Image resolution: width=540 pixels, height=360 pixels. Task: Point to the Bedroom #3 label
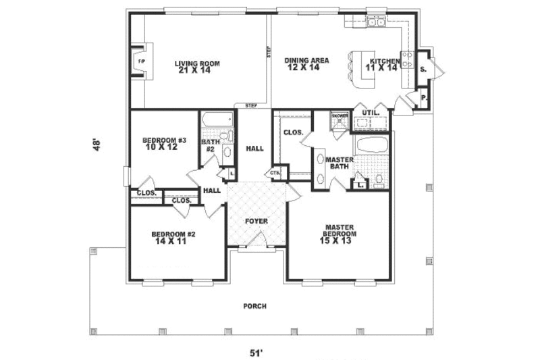pyautogui.click(x=164, y=143)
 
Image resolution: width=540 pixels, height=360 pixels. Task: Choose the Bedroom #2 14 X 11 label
pyautogui.click(x=174, y=237)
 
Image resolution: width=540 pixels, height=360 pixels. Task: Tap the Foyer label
pyautogui.click(x=256, y=221)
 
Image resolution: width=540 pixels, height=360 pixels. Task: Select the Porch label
pyautogui.click(x=254, y=306)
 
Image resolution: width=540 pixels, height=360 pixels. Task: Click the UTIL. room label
pyautogui.click(x=370, y=112)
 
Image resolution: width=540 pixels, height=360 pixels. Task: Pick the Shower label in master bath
pyautogui.click(x=338, y=115)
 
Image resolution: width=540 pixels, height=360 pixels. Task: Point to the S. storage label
pyautogui.click(x=423, y=69)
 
